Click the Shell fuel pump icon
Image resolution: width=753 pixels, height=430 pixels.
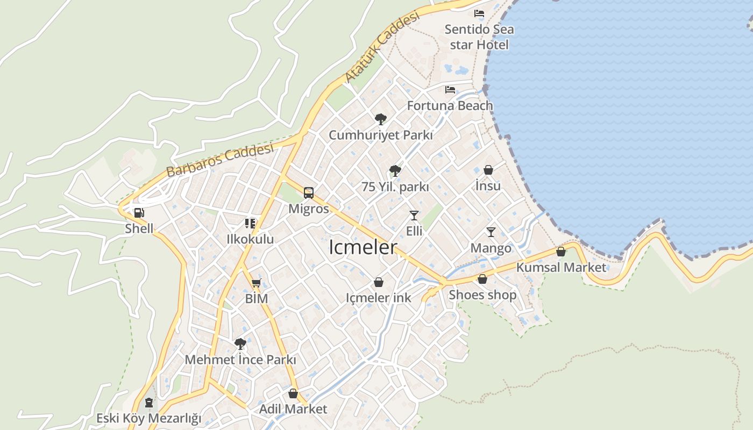(x=139, y=212)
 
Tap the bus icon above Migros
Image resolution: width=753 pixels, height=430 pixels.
(x=308, y=192)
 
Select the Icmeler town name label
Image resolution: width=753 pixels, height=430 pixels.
(x=363, y=247)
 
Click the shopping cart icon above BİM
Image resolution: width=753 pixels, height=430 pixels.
(x=256, y=283)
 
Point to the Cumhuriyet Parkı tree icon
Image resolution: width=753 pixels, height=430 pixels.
(x=380, y=119)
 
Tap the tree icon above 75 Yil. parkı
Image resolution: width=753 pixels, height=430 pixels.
(x=395, y=171)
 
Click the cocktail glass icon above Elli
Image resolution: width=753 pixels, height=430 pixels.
(x=414, y=216)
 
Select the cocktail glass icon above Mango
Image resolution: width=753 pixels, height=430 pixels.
(x=491, y=232)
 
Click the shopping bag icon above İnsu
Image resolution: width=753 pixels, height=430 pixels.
(x=488, y=170)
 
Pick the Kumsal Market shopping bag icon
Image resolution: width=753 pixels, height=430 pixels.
(x=560, y=251)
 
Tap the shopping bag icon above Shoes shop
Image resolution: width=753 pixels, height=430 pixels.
(x=482, y=279)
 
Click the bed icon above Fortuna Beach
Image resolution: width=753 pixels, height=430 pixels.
(x=450, y=90)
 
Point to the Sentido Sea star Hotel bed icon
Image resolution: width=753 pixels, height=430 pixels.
(x=479, y=13)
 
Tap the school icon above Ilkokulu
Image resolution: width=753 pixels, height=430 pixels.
(x=250, y=223)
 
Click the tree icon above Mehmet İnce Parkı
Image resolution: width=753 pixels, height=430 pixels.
(x=240, y=343)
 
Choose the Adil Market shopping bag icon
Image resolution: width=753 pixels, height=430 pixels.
(x=293, y=393)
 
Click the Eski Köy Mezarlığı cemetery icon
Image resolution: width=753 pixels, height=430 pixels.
(x=148, y=403)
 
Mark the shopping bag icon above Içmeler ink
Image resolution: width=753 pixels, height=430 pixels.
(x=378, y=282)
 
